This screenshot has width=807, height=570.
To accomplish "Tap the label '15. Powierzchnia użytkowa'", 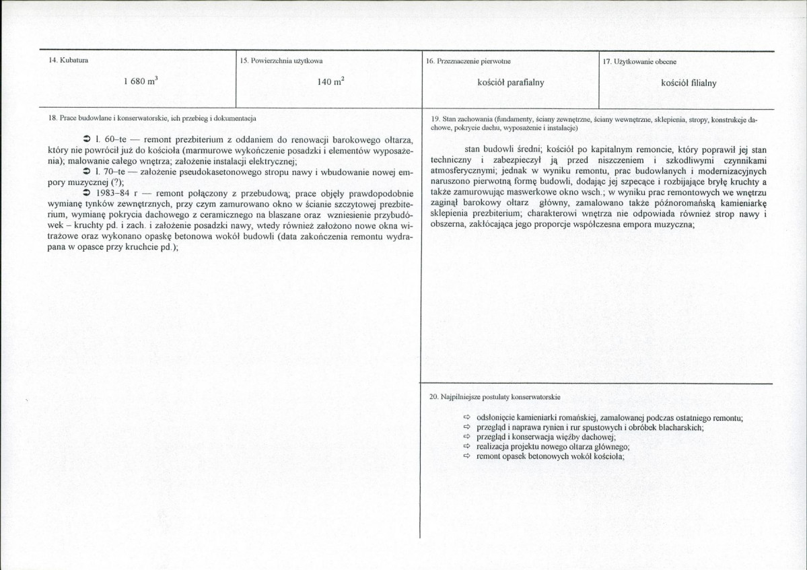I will [281, 61].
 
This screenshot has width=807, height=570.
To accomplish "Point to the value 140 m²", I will [331, 82].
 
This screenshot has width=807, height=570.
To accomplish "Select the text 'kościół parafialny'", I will [511, 83].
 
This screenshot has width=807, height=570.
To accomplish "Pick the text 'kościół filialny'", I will [689, 83].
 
